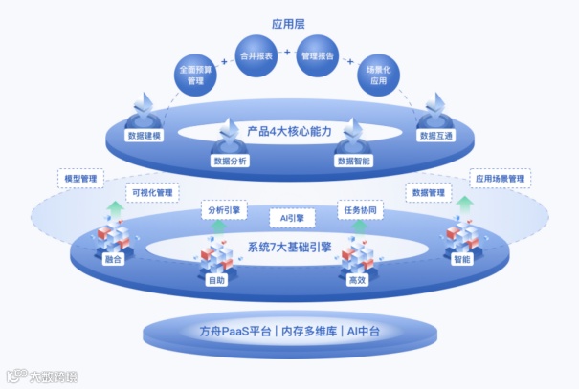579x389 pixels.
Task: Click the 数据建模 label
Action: [x=144, y=136]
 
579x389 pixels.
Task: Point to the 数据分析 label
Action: [x=229, y=162]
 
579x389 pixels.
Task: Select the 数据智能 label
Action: [x=352, y=162]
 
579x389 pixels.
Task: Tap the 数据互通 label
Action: [x=434, y=136]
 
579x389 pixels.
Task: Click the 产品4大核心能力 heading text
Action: [x=289, y=130]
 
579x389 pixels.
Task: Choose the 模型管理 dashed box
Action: [x=81, y=179]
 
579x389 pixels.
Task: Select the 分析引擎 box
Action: [x=221, y=209]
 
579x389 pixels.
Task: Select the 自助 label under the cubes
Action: [x=217, y=281]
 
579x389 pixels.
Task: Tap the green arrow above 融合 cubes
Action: [x=115, y=208]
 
